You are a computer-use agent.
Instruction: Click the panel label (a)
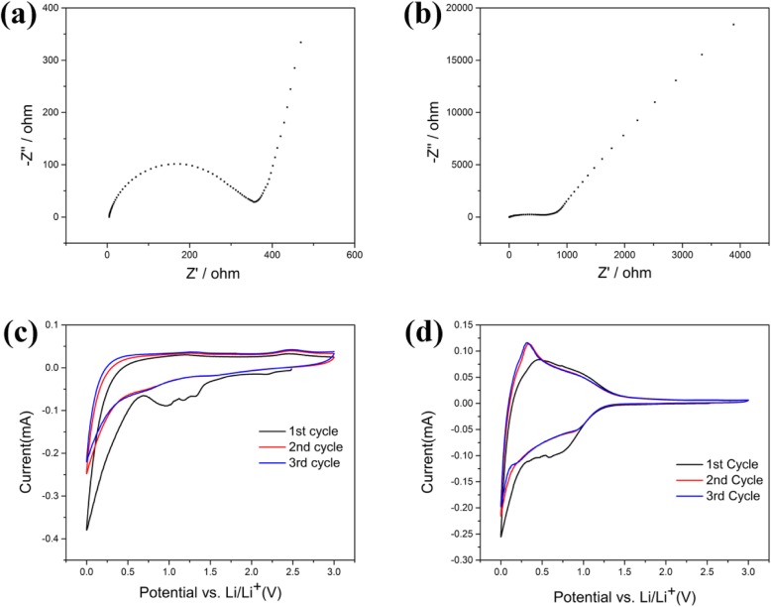click(22, 20)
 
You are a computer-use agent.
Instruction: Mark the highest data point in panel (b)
click(733, 25)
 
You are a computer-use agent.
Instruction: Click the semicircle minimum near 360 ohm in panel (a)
click(255, 201)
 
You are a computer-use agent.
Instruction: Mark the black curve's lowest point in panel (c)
click(87, 530)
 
